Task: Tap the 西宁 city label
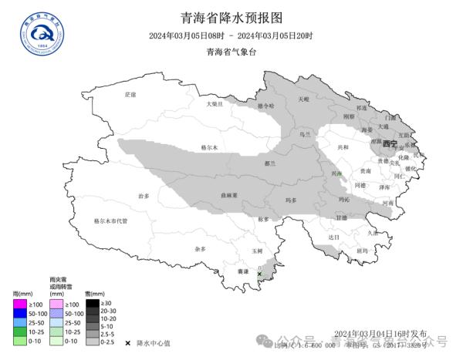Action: (x=389, y=144)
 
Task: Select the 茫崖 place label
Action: (x=130, y=94)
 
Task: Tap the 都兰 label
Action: (x=270, y=163)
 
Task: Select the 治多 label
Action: (x=144, y=196)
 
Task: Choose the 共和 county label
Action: (x=343, y=146)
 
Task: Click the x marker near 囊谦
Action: (x=260, y=274)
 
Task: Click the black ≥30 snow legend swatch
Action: (x=92, y=303)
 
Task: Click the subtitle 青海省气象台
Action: (x=231, y=52)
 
